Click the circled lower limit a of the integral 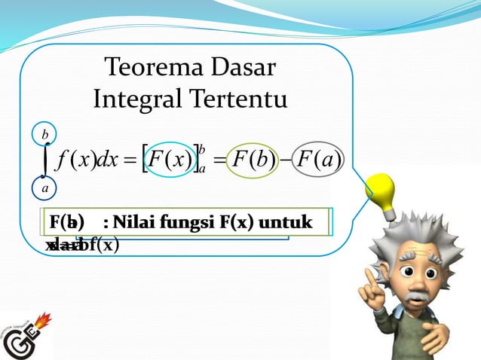tap(45, 187)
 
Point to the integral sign tap(45, 160)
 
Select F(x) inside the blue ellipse tap(170, 160)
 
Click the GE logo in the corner tap(26, 335)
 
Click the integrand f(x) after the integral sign tap(73, 161)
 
